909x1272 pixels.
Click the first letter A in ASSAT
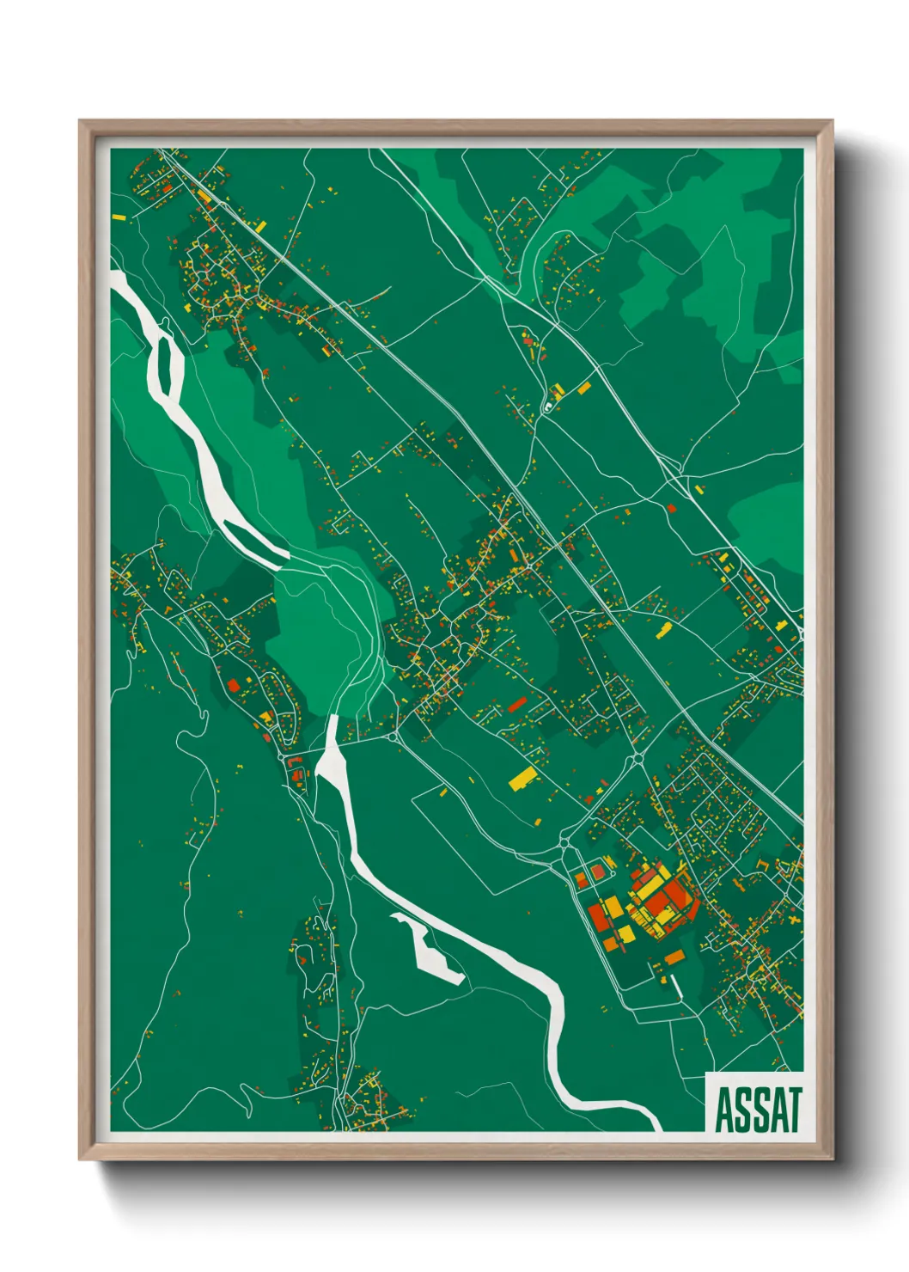[x=724, y=1110]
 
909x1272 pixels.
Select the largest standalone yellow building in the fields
[x=522, y=780]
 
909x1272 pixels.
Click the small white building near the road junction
[x=547, y=406]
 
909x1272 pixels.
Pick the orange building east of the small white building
[x=584, y=388]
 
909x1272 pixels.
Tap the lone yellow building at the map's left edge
[x=119, y=218]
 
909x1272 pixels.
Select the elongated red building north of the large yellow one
[x=516, y=706]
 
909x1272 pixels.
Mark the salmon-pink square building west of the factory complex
[x=598, y=872]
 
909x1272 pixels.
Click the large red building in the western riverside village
[x=233, y=686]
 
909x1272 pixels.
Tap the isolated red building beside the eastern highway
[x=672, y=509]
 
